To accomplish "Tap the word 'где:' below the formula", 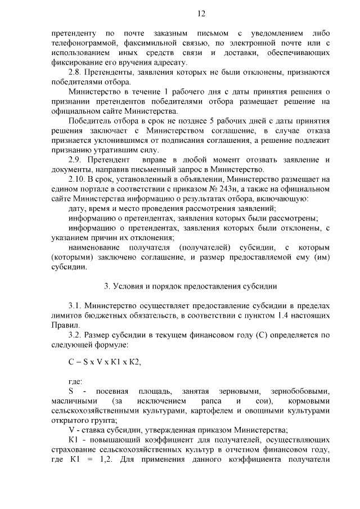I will point(75,382).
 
